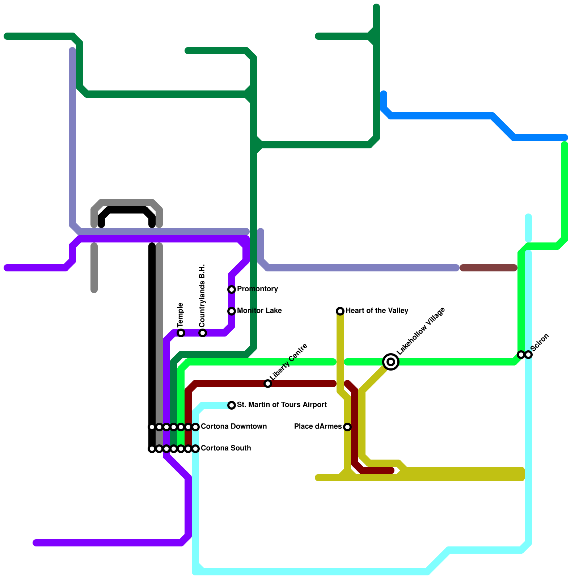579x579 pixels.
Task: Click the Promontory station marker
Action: (232, 289)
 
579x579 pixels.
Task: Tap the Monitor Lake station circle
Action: (232, 311)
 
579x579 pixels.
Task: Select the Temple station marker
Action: (181, 333)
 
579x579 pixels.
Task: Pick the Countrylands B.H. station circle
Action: (203, 333)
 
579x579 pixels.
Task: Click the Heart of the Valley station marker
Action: (340, 311)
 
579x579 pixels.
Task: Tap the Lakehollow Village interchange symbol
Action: (391, 362)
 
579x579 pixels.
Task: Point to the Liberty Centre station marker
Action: (268, 384)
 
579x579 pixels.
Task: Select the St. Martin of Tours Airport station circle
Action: (232, 405)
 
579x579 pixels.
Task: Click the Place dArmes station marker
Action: (347, 427)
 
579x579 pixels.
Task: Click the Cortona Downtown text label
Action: (233, 427)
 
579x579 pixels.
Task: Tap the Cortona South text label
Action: (225, 448)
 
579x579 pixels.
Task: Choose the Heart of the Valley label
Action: (377, 311)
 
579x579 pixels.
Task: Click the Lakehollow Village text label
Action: (420, 331)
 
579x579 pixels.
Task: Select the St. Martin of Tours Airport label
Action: (282, 405)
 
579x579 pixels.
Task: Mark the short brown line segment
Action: (489, 268)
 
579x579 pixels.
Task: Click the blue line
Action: (441, 116)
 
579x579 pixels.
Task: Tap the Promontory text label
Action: (257, 289)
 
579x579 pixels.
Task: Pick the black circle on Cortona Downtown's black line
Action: (152, 427)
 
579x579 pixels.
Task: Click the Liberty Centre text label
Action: (288, 362)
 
